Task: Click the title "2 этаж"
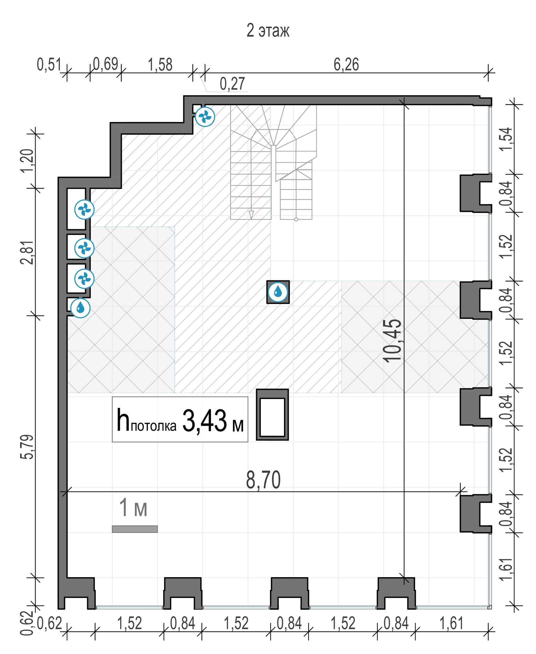tap(268, 31)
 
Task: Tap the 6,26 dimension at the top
tap(346, 65)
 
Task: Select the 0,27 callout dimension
tap(232, 84)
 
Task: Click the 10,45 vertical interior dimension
tap(392, 340)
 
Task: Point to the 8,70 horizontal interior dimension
tap(263, 480)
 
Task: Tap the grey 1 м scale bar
tap(135, 529)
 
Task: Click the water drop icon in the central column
tap(278, 292)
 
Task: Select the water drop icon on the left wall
tap(80, 308)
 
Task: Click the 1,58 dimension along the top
tap(160, 65)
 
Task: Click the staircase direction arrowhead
tap(251, 215)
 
